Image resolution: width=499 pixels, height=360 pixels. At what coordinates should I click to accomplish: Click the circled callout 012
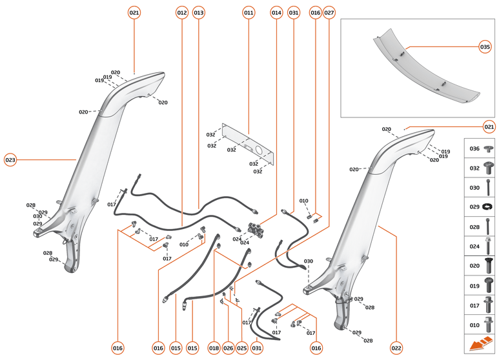point(181,12)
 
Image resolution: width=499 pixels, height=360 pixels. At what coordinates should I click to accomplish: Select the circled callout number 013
point(198,12)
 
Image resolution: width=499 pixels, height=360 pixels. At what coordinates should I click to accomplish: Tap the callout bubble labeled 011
point(249,12)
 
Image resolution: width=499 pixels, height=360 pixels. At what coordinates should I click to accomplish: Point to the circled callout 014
point(276,12)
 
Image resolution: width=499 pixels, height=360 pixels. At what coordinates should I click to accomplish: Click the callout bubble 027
point(329,12)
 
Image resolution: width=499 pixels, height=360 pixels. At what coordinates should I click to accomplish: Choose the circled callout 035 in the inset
point(485,46)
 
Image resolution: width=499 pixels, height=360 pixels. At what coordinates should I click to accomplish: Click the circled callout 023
point(10,159)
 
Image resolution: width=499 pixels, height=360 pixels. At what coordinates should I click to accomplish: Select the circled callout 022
point(396,348)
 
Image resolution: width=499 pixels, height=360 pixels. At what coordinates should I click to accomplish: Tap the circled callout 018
point(214,348)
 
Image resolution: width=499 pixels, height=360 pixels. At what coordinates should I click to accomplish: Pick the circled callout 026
point(228,348)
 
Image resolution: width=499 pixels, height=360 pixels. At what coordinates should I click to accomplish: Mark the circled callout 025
point(242,348)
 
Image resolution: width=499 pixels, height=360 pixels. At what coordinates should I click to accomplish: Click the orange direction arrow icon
point(481,345)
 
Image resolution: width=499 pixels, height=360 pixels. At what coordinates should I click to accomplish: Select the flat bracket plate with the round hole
point(249,147)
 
